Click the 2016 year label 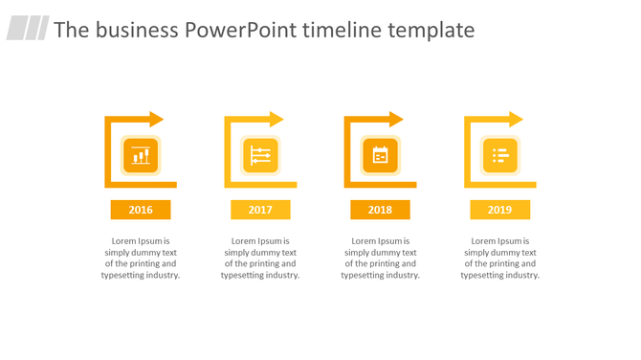[141, 210]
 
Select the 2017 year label [260, 210]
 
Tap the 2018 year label [380, 210]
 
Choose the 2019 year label [499, 210]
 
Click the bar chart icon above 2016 [141, 155]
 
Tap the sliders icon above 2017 [260, 155]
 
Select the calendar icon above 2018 [380, 155]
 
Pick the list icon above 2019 [499, 155]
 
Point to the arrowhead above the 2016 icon [157, 119]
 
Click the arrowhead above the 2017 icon [276, 119]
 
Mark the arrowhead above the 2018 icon [396, 119]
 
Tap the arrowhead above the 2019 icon [516, 119]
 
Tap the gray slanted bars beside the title [28, 29]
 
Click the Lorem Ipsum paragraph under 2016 [141, 258]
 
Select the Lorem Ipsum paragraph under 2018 [380, 258]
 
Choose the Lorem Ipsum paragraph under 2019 [499, 258]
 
